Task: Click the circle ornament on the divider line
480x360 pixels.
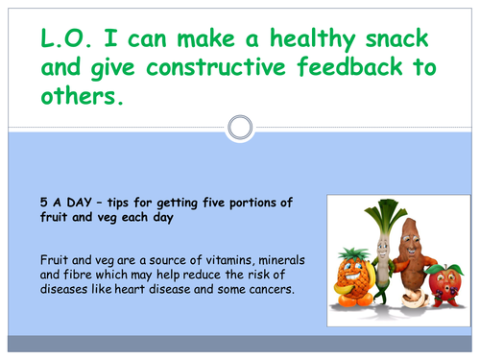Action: coord(240,126)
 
